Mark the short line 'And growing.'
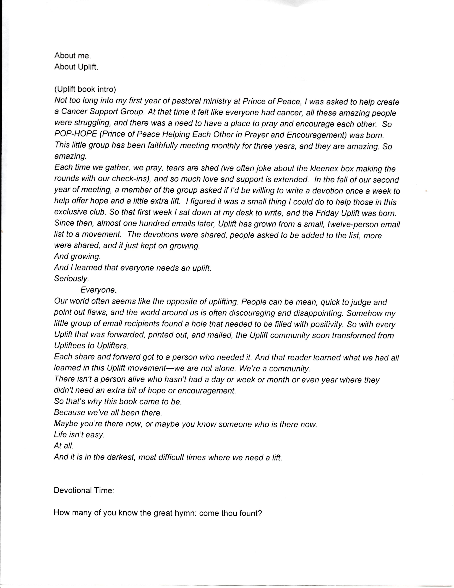(77, 256)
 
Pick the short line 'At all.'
(64, 446)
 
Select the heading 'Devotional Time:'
(84, 490)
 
